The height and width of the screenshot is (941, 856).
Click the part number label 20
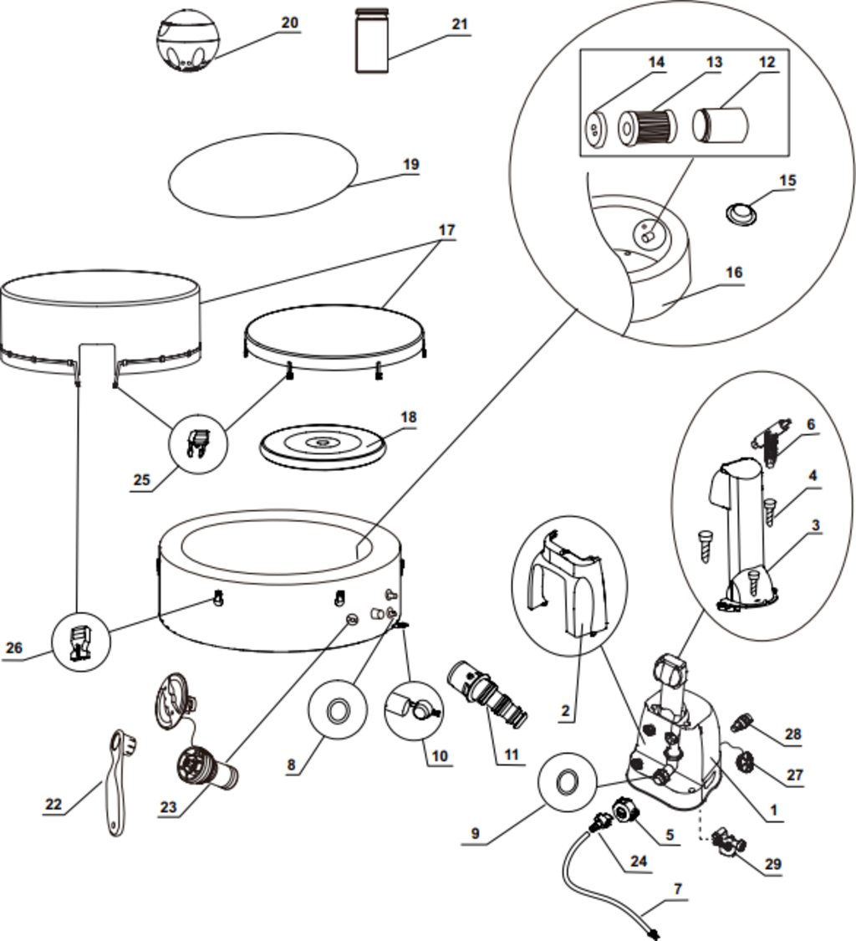[289, 23]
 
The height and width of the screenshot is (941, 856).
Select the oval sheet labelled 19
[262, 174]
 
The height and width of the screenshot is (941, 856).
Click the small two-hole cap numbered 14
[594, 129]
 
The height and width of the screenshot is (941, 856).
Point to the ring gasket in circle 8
[338, 713]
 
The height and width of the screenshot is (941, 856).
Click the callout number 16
[734, 273]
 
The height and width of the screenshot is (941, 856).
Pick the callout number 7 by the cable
[678, 889]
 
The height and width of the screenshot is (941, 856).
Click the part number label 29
[773, 863]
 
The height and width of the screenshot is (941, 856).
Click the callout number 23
[169, 807]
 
